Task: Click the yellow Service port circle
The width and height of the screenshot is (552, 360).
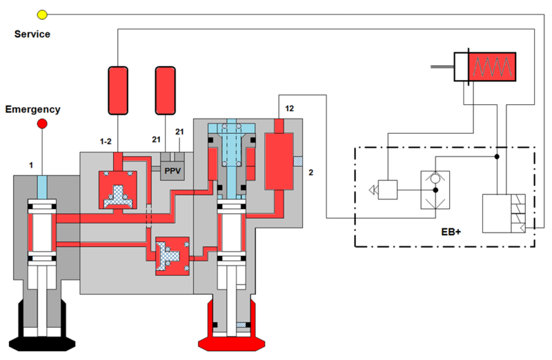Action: (x=41, y=14)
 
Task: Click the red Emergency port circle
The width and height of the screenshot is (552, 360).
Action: (x=41, y=123)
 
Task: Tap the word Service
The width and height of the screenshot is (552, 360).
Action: (x=32, y=34)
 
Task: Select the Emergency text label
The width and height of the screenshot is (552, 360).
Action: (x=33, y=109)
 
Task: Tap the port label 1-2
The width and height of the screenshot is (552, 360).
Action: (x=106, y=141)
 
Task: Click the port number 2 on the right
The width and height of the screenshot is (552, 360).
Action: (x=310, y=172)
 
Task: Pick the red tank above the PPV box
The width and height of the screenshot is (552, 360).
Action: (x=166, y=90)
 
